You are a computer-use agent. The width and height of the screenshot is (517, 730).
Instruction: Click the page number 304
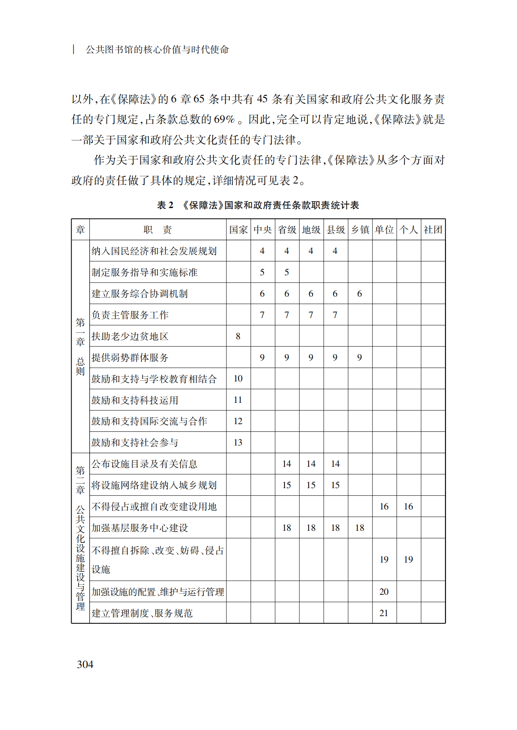[x=85, y=664]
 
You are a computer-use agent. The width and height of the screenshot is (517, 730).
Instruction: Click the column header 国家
[x=238, y=230]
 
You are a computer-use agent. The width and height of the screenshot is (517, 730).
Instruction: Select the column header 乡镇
[x=360, y=230]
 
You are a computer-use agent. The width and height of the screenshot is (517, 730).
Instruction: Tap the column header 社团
[x=433, y=230]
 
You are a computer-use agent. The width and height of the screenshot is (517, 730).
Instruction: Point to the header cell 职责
[x=157, y=230]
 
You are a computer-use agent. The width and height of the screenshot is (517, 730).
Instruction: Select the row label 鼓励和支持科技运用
[x=134, y=400]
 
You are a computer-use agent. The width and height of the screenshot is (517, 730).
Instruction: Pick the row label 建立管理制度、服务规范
[x=142, y=613]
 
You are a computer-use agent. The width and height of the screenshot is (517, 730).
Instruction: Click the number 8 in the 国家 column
[x=238, y=336]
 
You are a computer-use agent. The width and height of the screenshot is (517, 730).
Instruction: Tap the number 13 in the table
[x=238, y=443]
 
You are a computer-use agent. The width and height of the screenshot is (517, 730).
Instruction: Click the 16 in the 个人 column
[x=408, y=507]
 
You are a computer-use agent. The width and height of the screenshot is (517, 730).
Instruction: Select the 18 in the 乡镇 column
[x=360, y=528]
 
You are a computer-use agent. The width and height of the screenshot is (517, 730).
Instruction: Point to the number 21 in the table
[x=384, y=613]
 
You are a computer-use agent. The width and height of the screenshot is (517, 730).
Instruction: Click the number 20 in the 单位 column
[x=384, y=592]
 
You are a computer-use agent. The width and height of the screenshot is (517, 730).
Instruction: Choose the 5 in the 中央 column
[x=262, y=272]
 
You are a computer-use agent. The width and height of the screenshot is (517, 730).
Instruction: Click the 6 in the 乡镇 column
[x=360, y=294]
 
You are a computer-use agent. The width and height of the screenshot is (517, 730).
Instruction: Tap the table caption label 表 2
[x=165, y=205]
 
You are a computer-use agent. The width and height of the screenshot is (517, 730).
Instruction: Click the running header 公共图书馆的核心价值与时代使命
[x=157, y=49]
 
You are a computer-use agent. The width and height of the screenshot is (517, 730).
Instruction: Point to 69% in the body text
[x=224, y=120]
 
